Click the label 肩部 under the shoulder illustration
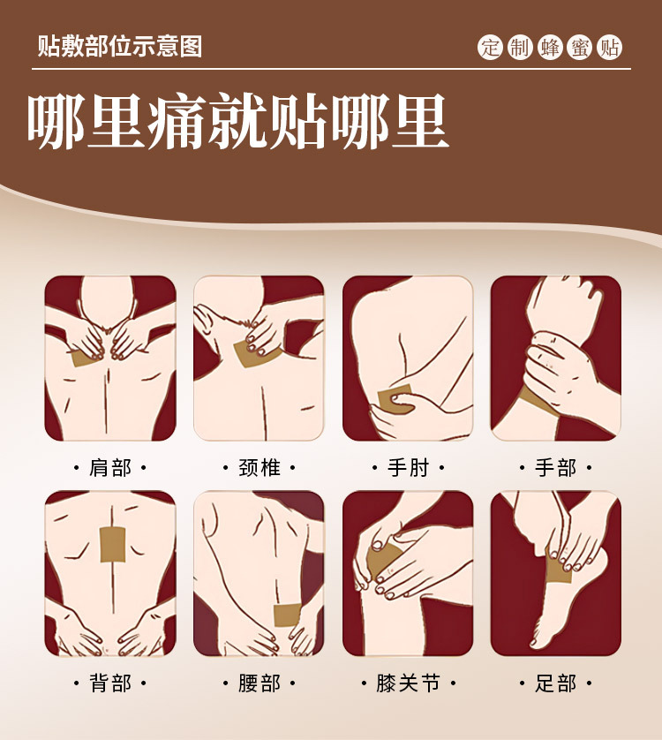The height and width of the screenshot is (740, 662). (110, 467)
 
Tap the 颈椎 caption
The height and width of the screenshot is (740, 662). (260, 467)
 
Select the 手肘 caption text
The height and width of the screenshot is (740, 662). (408, 467)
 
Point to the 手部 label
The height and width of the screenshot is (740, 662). (556, 467)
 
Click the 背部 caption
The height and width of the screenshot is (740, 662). (110, 683)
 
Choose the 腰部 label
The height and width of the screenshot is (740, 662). (260, 683)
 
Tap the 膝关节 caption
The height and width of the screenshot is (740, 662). (408, 683)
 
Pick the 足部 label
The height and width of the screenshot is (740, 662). (556, 683)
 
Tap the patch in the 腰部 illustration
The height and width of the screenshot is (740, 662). (289, 615)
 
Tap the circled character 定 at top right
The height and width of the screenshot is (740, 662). (491, 48)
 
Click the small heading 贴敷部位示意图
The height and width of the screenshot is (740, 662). (120, 46)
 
